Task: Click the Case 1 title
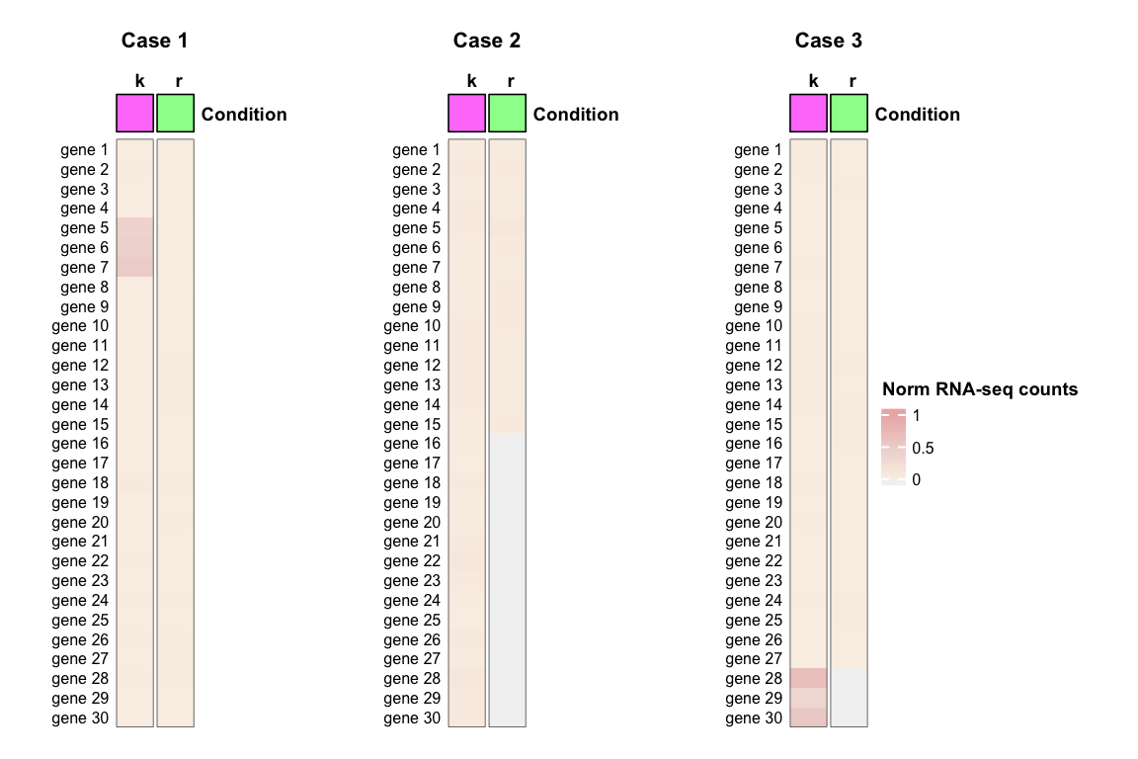[154, 41]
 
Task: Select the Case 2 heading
[487, 41]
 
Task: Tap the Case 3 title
[829, 41]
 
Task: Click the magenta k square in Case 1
[135, 113]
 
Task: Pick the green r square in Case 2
[508, 113]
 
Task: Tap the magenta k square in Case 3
[809, 113]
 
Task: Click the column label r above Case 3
[852, 81]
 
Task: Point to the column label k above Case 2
[471, 81]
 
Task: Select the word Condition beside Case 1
[244, 115]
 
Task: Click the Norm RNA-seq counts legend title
[979, 389]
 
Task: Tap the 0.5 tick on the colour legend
[924, 449]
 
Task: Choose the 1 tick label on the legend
[917, 416]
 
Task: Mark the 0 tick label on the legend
[917, 480]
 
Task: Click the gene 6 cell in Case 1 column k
[135, 248]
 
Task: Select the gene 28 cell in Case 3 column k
[809, 679]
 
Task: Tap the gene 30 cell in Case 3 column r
[850, 718]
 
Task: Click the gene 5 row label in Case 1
[84, 228]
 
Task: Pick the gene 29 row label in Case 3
[754, 699]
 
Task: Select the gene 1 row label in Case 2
[416, 150]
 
